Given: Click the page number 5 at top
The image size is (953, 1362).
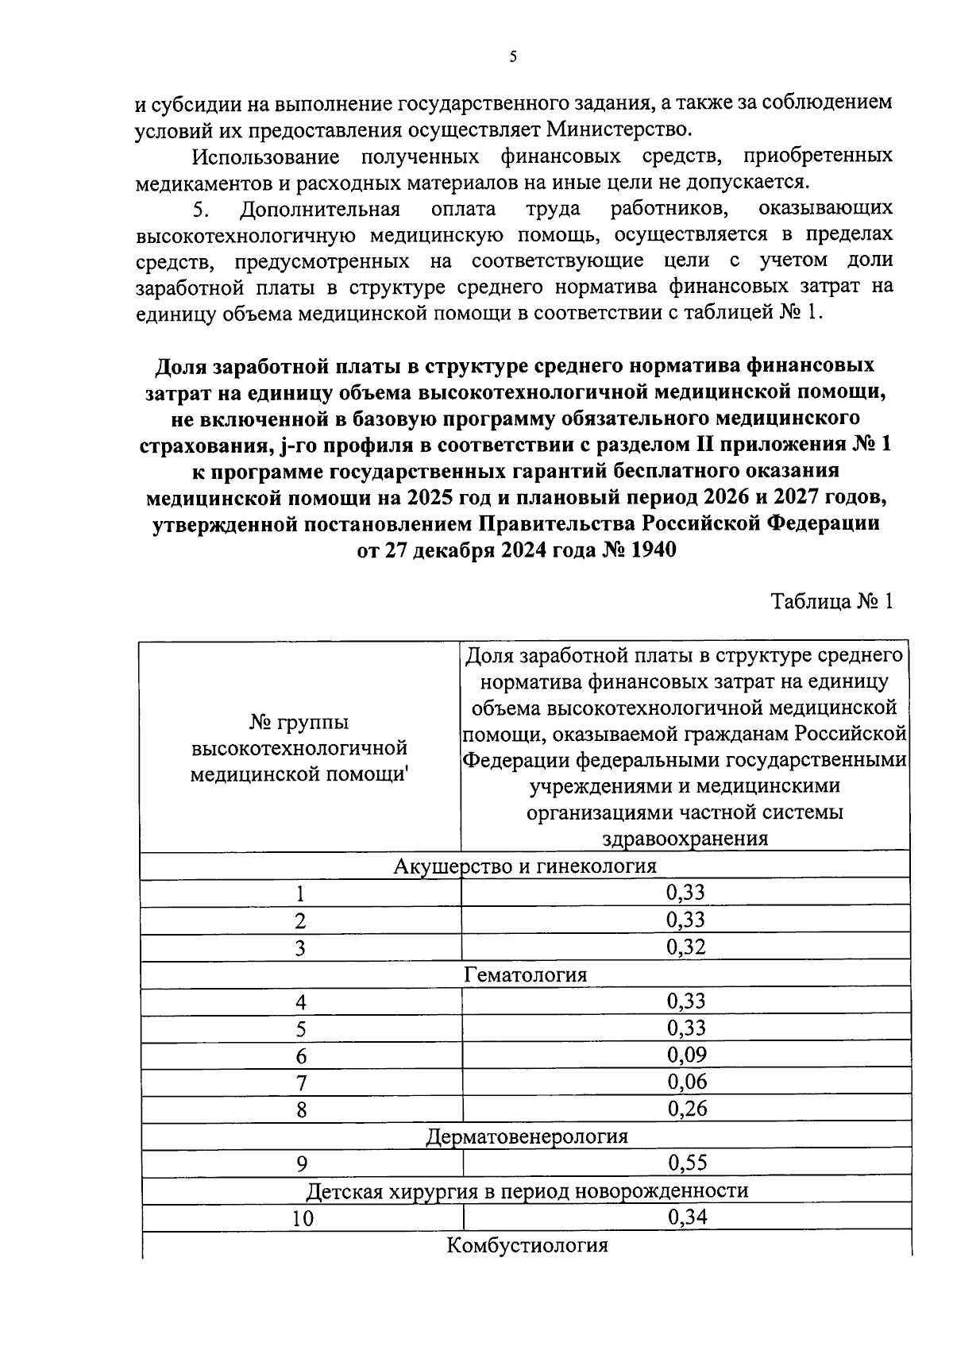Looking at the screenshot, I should [513, 56].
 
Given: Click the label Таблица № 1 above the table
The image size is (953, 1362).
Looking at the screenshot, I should [832, 601].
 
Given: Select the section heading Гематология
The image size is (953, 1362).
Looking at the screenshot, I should [526, 974].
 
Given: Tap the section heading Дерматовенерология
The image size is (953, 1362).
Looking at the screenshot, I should [527, 1136].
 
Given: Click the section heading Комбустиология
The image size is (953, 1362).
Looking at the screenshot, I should [527, 1244].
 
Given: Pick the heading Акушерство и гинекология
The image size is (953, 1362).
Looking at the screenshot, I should [526, 866].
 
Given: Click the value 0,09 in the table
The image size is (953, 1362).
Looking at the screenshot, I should [687, 1055].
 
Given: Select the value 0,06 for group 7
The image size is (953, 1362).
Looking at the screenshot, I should [687, 1082].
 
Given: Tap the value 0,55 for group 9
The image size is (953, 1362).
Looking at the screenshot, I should [687, 1163].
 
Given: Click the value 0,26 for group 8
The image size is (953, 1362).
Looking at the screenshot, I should [687, 1109].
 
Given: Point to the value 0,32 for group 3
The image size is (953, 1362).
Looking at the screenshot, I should [687, 947].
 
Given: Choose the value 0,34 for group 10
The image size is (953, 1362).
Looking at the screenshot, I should [687, 1217].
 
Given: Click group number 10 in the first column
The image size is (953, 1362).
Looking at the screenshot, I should [302, 1219].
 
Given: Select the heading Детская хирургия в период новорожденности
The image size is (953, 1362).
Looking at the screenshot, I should [527, 1190].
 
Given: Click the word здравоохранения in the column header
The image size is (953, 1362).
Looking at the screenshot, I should [685, 839].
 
